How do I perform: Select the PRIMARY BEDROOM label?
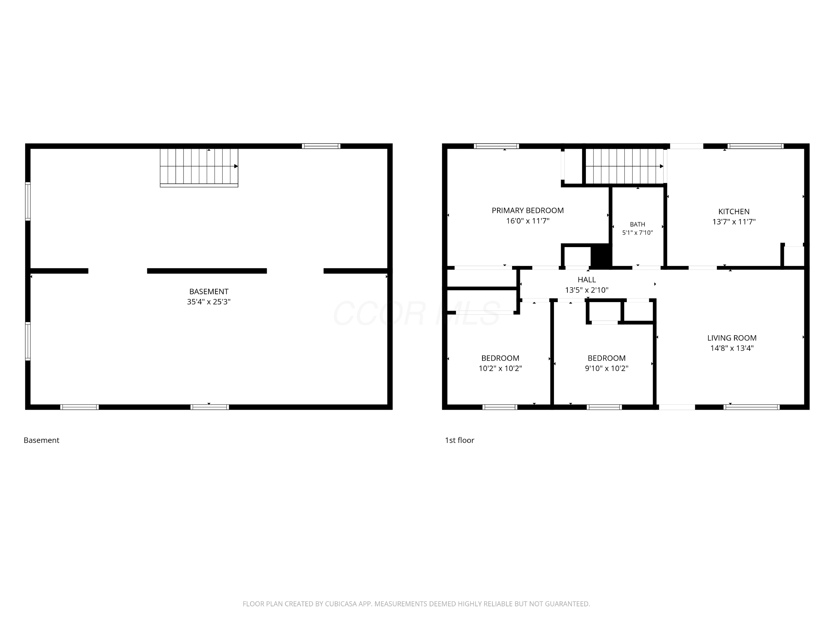pos(528,210)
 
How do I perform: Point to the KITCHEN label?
pos(734,211)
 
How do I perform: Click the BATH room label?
pos(637,224)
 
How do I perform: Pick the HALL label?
pos(587,280)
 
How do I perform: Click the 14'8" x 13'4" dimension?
pos(732,348)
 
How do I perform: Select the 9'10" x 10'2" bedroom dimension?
pos(606,368)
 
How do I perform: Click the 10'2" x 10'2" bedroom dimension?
pos(500,368)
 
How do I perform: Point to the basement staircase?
pos(199,167)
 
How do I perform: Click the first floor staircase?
pos(625,166)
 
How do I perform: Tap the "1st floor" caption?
pos(460,440)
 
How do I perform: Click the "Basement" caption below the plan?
pos(41,440)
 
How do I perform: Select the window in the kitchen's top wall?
pos(756,146)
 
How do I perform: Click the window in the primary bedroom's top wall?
pos(496,146)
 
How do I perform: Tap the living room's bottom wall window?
pos(752,407)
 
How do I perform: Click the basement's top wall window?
pos(321,146)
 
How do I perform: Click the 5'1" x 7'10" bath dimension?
pos(637,233)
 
